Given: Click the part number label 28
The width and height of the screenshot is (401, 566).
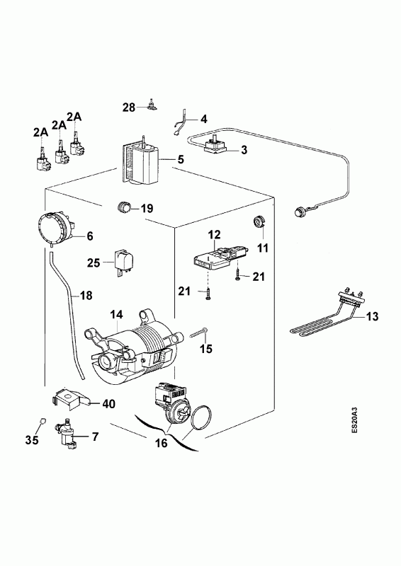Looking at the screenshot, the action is coord(129,108).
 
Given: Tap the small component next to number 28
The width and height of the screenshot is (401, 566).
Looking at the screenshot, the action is coord(153,105).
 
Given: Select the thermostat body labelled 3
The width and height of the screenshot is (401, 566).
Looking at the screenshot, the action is coord(216,146).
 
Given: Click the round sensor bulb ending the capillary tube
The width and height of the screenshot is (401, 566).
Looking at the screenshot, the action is coord(300,211).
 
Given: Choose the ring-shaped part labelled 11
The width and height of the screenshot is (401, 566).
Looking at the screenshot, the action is coord(259,221).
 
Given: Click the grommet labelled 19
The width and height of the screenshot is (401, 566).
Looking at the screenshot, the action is coord(124,207).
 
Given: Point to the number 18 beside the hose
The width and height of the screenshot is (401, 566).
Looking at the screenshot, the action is coord(86,296).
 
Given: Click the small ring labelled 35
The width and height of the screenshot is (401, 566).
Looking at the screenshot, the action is coord(42,420).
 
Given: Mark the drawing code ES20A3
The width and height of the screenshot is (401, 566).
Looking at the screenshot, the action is coord(356,420).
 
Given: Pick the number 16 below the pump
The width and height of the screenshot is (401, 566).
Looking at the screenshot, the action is coord(162,443).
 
